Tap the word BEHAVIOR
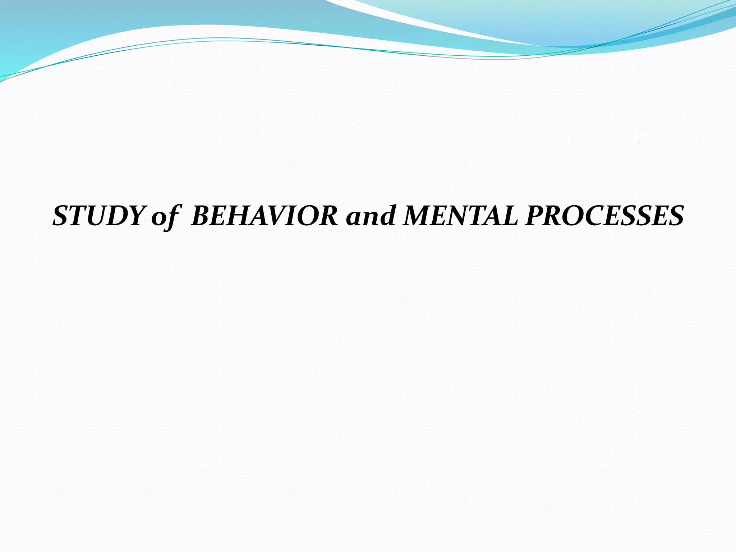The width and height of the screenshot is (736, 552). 264,216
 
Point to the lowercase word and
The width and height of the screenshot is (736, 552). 370,216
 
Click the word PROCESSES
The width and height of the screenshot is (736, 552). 604,216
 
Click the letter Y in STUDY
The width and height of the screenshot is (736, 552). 136,216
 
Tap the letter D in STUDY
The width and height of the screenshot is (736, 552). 116,216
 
